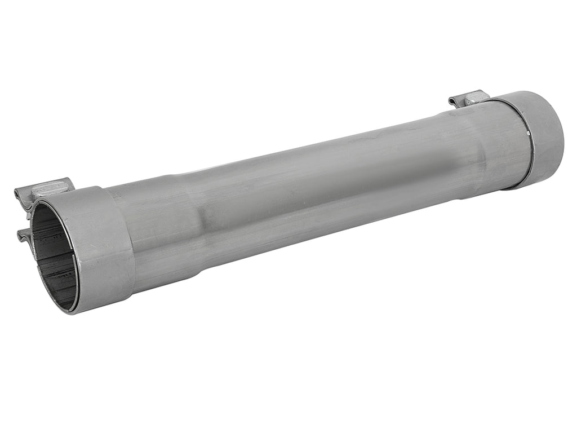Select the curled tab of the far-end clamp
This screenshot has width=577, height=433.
(455, 101)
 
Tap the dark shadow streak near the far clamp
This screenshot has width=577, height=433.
(445, 169)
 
